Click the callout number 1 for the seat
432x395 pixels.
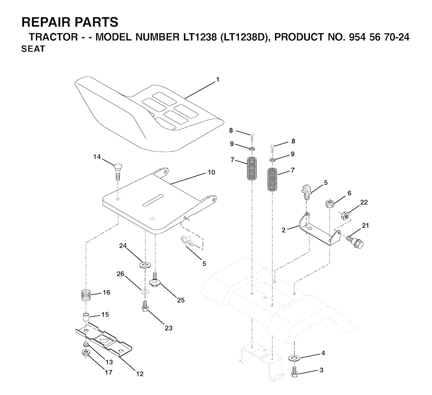pyautogui.click(x=218, y=79)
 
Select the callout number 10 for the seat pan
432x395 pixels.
pyautogui.click(x=211, y=172)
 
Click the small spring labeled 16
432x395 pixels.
pyautogui.click(x=86, y=295)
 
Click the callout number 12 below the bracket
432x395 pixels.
pyautogui.click(x=140, y=374)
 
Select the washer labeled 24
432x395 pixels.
pyautogui.click(x=145, y=265)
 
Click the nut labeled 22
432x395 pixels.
pyautogui.click(x=345, y=215)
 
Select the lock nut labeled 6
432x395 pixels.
pyautogui.click(x=330, y=204)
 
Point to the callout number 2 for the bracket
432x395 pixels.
pyautogui.click(x=284, y=230)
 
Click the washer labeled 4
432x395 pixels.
pyautogui.click(x=294, y=358)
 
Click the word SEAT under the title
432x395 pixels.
pyautogui.click(x=33, y=49)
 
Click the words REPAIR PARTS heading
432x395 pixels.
pyautogui.click(x=70, y=22)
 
